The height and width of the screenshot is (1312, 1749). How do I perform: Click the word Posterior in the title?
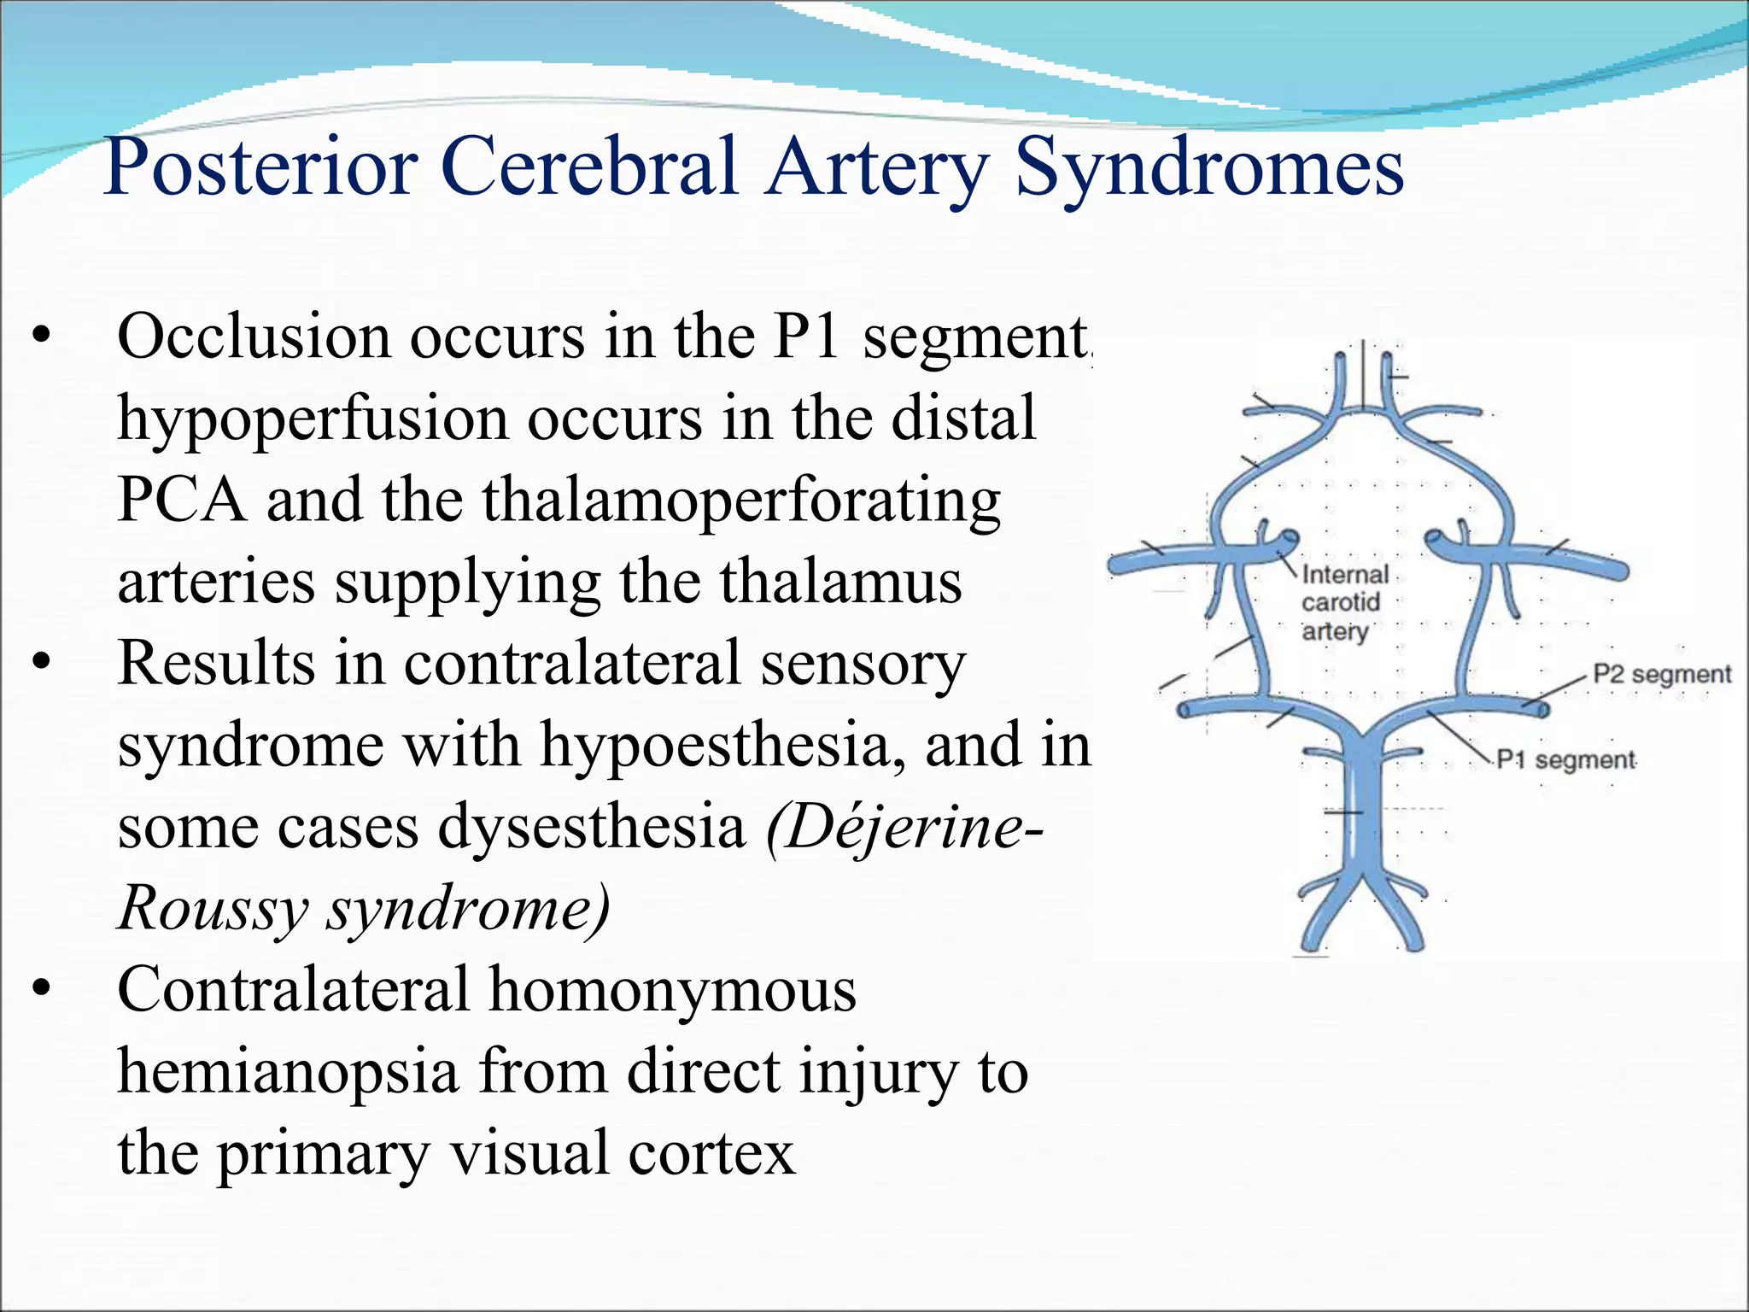pyautogui.click(x=260, y=167)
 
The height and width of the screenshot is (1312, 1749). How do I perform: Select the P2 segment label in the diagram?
pyautogui.click(x=1661, y=675)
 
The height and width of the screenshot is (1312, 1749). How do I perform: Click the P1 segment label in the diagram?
pyautogui.click(x=1566, y=759)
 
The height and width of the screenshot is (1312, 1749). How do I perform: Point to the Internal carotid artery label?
pyautogui.click(x=1341, y=602)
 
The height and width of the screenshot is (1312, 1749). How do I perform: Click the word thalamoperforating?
pyautogui.click(x=741, y=501)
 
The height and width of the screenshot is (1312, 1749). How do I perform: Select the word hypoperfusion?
pyautogui.click(x=313, y=419)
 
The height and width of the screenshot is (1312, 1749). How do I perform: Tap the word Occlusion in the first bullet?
pyautogui.click(x=254, y=337)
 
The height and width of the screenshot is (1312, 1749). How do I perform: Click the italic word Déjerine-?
pyautogui.click(x=905, y=827)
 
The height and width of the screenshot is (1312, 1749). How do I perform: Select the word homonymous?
pyautogui.click(x=672, y=990)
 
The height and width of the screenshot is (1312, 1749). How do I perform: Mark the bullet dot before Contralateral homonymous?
pyautogui.click(x=41, y=990)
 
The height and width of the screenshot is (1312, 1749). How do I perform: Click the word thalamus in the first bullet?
pyautogui.click(x=841, y=583)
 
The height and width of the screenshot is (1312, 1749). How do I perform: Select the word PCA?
pyautogui.click(x=182, y=501)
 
